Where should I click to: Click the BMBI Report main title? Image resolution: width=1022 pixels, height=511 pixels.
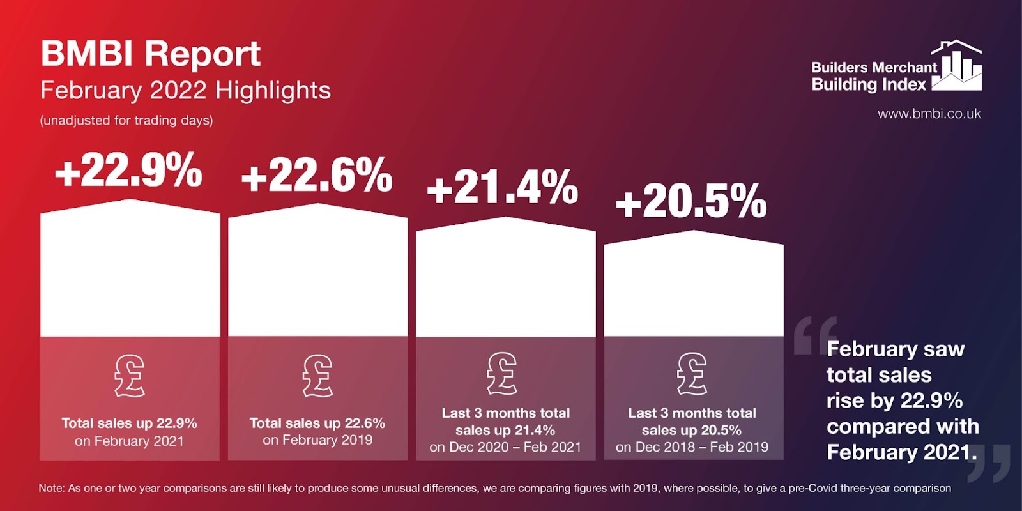pos(151,54)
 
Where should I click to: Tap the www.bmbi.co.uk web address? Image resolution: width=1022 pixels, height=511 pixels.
pos(929,114)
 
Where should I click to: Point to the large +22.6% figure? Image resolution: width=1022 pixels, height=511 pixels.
pos(317,175)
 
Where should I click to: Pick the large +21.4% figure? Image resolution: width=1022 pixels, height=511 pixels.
pos(503,187)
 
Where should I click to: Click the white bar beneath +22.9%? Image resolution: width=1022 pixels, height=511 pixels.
pos(130,269)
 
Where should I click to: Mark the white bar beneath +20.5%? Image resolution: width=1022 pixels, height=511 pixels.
pos(694,285)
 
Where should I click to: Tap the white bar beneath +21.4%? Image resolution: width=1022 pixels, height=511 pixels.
pos(505,278)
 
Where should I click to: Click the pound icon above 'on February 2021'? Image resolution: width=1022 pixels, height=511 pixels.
pos(129,376)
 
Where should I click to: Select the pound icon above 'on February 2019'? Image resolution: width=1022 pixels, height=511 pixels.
pos(317,376)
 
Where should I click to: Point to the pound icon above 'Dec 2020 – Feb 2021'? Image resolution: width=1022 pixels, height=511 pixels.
pos(501,373)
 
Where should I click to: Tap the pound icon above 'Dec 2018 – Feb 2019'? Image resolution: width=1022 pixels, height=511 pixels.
pos(692,374)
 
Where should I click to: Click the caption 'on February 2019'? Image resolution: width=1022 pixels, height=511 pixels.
pos(317,440)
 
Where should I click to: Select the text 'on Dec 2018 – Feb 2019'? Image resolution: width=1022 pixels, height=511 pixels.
pos(692,446)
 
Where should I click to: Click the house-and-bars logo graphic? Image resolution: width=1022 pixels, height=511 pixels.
pos(956,65)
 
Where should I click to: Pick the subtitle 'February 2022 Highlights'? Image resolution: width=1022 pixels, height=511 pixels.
pos(185,90)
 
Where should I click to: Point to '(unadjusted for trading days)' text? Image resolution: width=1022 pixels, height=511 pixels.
pos(126,121)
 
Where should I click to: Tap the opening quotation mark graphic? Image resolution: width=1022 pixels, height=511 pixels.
pos(815,335)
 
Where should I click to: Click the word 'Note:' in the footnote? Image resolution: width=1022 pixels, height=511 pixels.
pos(52,488)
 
